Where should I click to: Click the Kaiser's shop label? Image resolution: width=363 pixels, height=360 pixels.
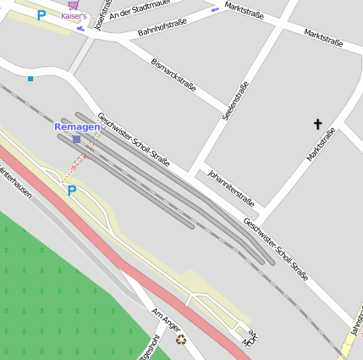point(74,16)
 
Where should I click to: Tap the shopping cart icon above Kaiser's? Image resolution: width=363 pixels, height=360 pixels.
point(73,5)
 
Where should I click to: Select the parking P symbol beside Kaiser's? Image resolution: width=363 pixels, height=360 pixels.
point(41,14)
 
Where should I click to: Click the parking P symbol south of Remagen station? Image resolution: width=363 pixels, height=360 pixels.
point(72,191)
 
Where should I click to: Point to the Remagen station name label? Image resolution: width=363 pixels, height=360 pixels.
point(77,126)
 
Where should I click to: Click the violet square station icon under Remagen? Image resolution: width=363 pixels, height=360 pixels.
point(76,139)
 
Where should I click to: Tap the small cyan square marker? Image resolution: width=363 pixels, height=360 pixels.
point(30,79)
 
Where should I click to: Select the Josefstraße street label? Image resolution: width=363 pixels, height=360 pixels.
point(102,15)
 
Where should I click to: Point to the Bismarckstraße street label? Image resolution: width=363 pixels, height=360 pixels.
point(173,75)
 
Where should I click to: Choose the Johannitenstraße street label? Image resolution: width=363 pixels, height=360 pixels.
point(230,186)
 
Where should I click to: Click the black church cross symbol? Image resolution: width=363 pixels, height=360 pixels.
point(318,124)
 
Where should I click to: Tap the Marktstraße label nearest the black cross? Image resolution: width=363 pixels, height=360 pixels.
point(321,145)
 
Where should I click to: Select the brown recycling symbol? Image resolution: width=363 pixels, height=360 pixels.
point(180,340)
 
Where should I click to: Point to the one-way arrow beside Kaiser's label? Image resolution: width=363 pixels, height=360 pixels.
point(80,28)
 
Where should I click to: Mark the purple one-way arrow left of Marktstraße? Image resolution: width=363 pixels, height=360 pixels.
point(215,9)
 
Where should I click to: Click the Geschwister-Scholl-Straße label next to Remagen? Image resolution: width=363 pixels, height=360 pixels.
point(134,136)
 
